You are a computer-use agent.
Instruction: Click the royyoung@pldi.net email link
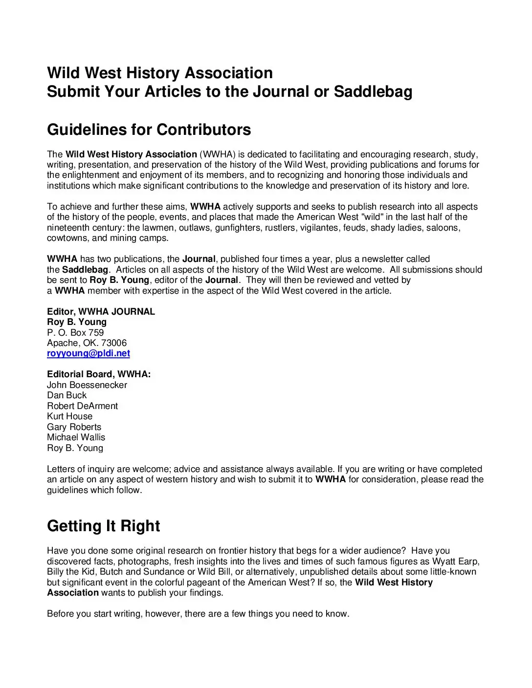tap(89, 353)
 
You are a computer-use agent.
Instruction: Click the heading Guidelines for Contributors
tap(149, 129)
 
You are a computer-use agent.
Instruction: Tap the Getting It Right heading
tap(103, 526)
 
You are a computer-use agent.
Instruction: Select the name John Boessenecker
tap(87, 385)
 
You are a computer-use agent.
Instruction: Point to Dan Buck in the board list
tap(66, 395)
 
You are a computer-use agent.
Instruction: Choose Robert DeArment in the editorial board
tap(82, 406)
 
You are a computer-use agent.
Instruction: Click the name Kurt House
tap(69, 416)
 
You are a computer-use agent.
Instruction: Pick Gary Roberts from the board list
tap(74, 427)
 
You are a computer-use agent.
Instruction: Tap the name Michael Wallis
tap(76, 437)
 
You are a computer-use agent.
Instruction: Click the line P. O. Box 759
tap(75, 333)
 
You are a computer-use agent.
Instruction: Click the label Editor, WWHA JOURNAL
tap(101, 312)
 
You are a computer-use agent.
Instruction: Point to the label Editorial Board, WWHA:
tap(99, 374)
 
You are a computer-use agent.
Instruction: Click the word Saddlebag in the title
tap(373, 92)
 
